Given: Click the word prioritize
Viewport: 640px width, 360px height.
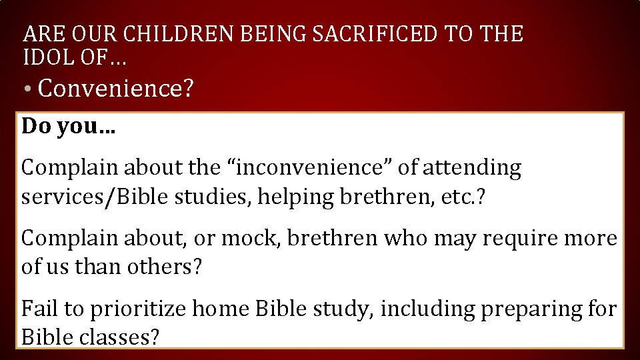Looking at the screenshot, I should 140,309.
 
